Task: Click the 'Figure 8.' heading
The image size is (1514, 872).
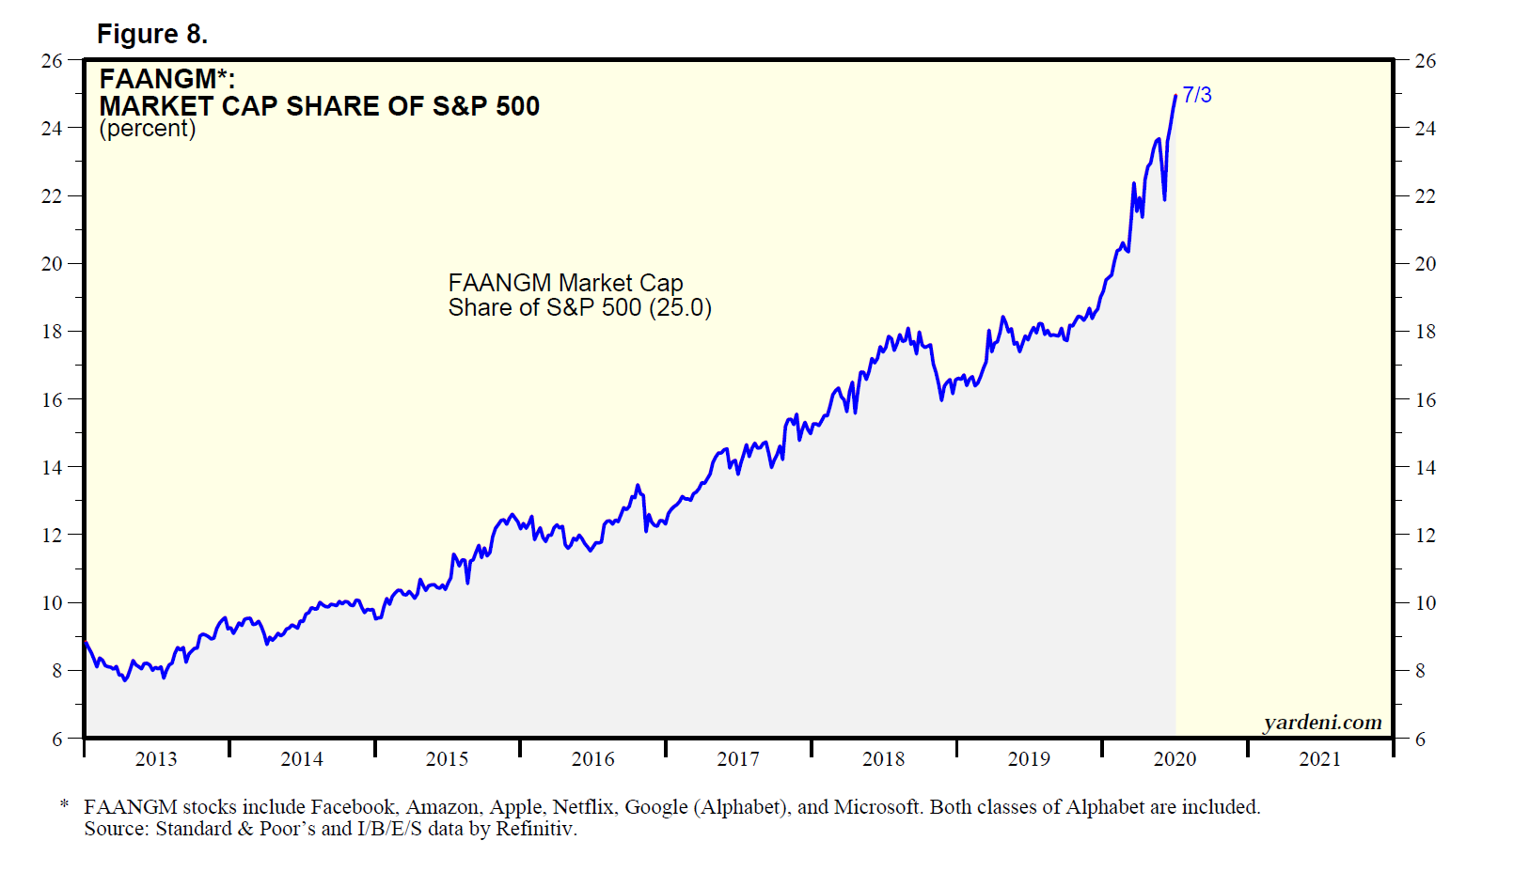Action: click(151, 35)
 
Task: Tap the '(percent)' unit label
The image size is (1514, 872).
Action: click(148, 129)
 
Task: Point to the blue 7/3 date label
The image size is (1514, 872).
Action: click(1197, 95)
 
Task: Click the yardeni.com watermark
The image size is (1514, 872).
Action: click(1322, 723)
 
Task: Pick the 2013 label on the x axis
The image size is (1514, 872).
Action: click(156, 759)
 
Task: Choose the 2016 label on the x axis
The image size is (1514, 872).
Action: click(592, 759)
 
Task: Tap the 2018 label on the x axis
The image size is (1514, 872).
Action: click(884, 759)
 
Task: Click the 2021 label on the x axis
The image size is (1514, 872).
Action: click(1320, 759)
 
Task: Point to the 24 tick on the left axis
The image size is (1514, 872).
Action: click(52, 129)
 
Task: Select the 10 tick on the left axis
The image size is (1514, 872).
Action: click(52, 603)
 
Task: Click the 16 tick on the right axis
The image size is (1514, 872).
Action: click(1426, 400)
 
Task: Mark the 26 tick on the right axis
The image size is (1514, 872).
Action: click(1426, 61)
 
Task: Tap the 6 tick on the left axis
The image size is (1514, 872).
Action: click(57, 740)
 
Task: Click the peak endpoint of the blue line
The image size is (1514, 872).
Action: click(1175, 96)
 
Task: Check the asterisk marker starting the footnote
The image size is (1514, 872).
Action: click(64, 806)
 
